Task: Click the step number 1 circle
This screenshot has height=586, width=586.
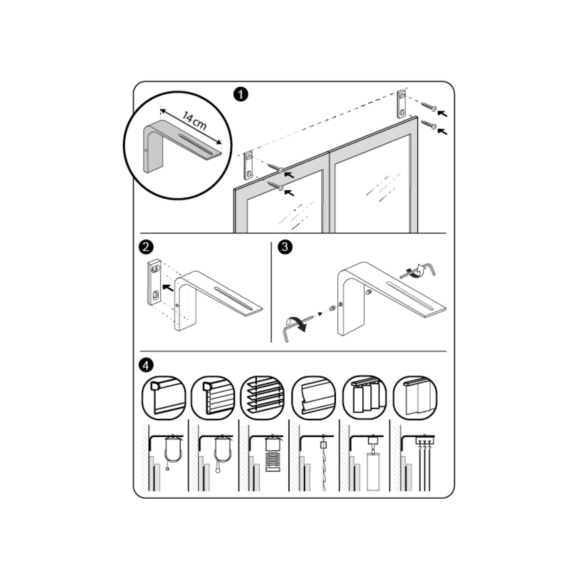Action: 241,94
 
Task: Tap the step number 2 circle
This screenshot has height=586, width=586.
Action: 146,247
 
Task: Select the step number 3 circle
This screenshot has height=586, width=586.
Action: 285,247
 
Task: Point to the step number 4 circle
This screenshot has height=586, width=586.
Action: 146,365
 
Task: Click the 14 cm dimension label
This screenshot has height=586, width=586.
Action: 195,120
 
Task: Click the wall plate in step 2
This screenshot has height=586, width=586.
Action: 155,282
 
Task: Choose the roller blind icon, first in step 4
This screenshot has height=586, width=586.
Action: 164,398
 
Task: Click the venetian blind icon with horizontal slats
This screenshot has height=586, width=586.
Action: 262,398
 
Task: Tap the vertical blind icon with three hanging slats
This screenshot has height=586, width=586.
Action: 365,398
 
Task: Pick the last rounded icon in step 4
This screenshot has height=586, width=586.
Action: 415,398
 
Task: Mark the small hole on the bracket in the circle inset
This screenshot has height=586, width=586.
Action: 146,150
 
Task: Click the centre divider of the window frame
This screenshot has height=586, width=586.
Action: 330,193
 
